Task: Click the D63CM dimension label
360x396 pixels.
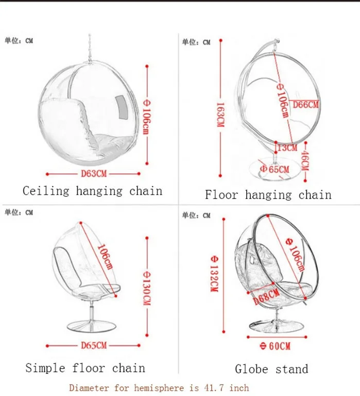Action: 93,173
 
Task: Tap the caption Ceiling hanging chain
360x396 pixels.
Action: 92,191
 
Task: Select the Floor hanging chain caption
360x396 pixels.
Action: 268,194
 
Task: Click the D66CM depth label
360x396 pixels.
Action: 306,105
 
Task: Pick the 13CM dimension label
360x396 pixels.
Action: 287,148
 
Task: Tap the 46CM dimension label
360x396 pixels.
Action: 305,161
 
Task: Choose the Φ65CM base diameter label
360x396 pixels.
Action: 275,169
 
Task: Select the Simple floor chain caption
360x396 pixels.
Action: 85,368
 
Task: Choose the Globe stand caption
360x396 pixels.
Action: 271,369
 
